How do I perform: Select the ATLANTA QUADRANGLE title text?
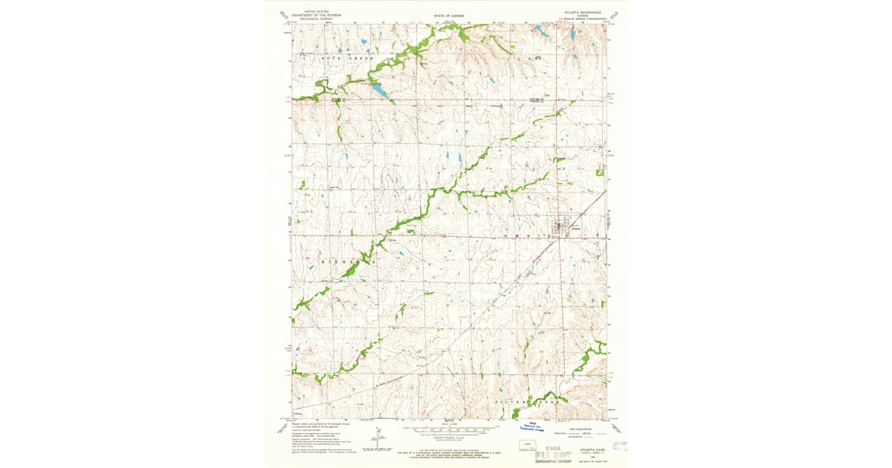pos(582,13)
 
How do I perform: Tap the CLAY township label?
pos(523,56)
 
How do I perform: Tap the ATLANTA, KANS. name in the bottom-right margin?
pos(585,450)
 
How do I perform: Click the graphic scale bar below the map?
pos(447,429)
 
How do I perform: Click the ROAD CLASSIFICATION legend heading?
pos(567,429)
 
